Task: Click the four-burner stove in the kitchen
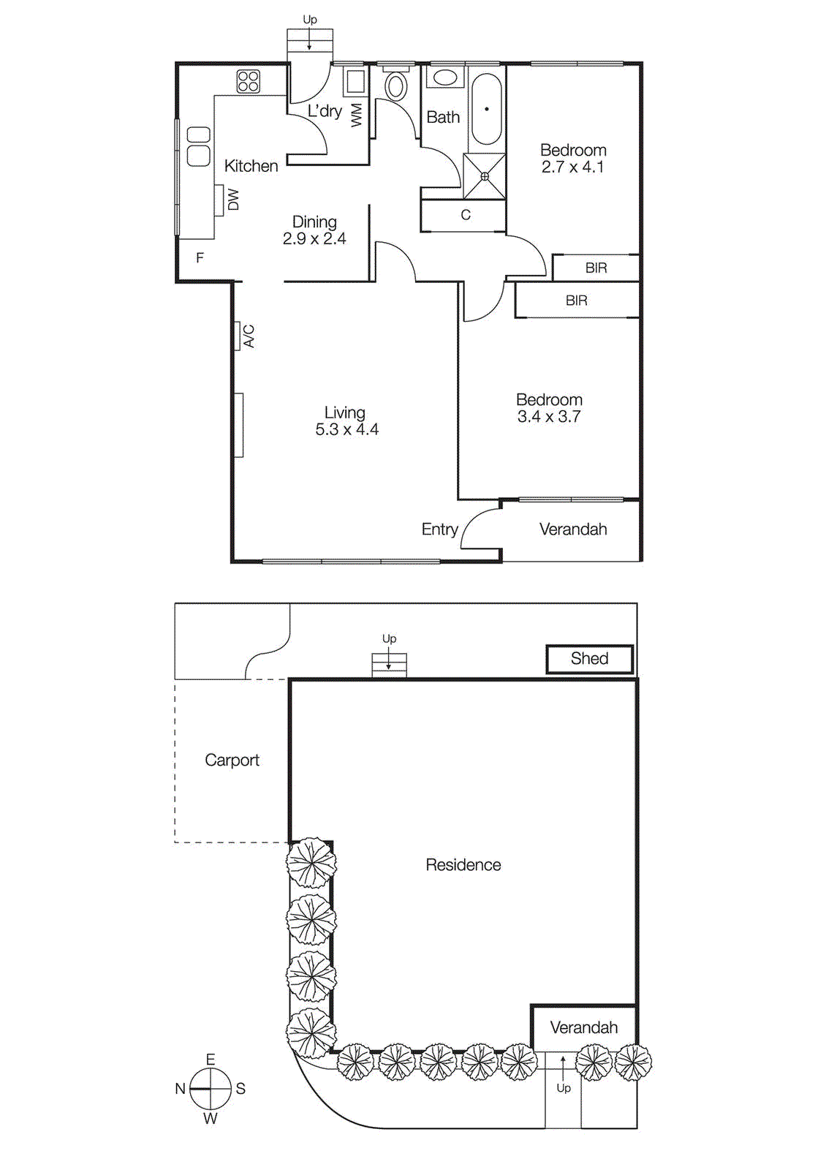249,81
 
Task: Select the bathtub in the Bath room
486,110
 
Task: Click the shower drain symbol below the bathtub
485,176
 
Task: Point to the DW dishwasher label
233,200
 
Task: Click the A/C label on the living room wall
249,336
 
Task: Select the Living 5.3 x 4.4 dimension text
346,429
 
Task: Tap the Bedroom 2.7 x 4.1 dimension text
572,167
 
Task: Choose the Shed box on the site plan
589,659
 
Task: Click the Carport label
232,760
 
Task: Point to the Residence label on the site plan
463,865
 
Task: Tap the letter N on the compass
180,1089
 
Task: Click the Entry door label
439,529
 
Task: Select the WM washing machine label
357,115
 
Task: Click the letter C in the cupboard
466,215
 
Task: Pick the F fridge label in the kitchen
200,258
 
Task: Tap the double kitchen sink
199,146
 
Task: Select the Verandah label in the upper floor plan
573,529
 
